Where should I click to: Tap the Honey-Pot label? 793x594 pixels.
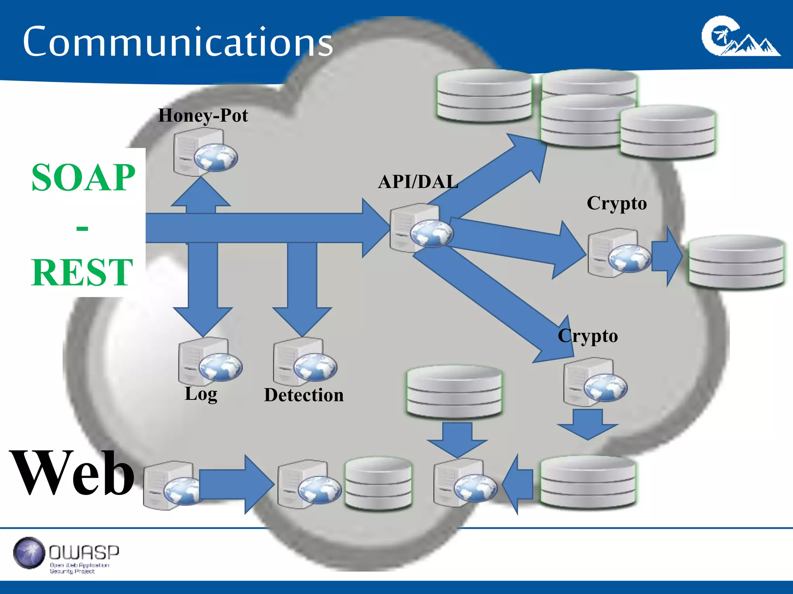(x=203, y=115)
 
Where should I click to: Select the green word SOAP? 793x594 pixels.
(x=83, y=178)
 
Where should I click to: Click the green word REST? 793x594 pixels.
(x=82, y=272)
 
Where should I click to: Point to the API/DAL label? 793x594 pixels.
(x=418, y=182)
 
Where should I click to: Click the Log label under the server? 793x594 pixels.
(x=201, y=394)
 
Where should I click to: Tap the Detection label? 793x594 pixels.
(x=304, y=395)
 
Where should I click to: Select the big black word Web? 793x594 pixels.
(x=73, y=473)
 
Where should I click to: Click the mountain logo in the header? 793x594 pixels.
(x=740, y=37)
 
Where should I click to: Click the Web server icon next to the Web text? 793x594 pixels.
(x=170, y=485)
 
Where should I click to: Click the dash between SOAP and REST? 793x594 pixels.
(x=82, y=228)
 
